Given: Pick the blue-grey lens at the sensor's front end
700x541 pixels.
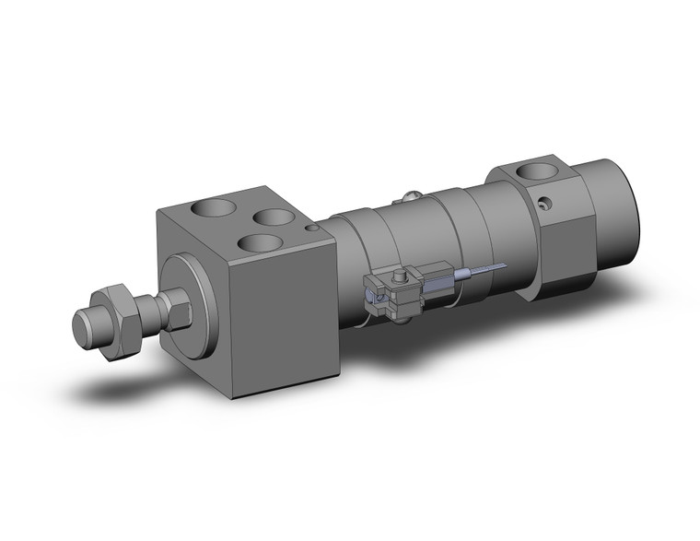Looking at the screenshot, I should click(376, 296).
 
